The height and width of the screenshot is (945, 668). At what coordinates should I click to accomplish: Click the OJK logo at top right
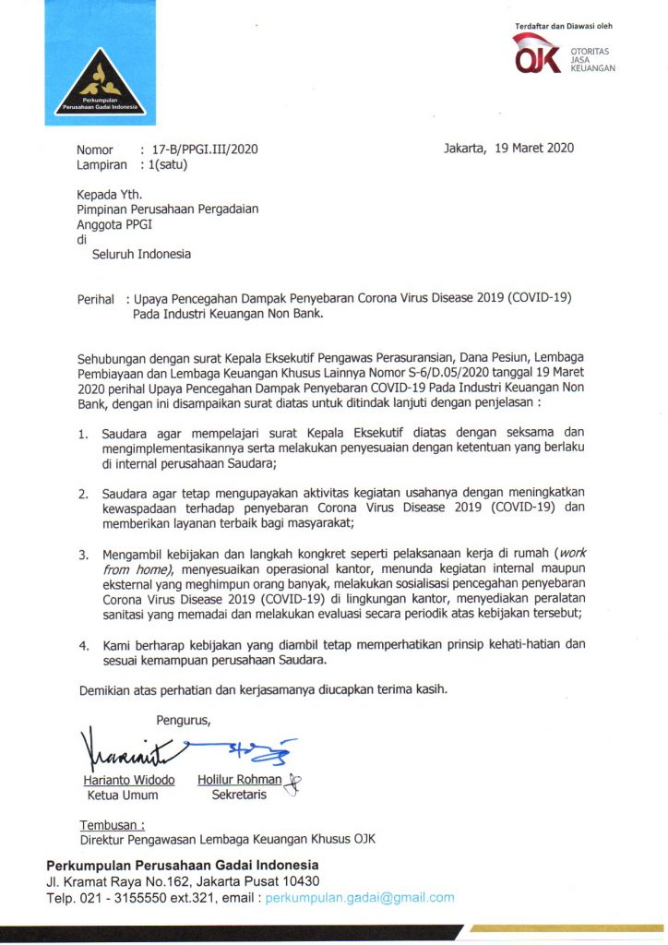tap(564, 54)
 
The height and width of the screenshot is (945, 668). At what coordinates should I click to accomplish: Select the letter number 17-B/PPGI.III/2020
tap(197, 149)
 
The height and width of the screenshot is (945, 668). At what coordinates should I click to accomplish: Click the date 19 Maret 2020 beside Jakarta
tap(534, 149)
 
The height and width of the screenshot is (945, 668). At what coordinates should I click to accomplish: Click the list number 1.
tap(83, 432)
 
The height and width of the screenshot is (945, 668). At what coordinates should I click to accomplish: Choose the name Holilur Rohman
tap(240, 780)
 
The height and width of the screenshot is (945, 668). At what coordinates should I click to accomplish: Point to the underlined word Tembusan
tap(112, 824)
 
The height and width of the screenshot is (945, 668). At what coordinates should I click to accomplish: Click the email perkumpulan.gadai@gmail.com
tap(360, 897)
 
